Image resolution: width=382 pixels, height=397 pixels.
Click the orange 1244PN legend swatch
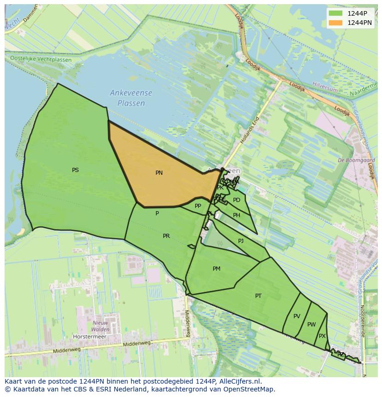tap(335, 23)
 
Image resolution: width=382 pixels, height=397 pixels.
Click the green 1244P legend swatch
tap(335, 13)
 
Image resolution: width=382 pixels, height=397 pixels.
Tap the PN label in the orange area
tap(159, 173)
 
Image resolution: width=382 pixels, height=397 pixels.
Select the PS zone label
tap(75, 170)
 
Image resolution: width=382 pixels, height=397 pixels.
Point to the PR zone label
tap(166, 236)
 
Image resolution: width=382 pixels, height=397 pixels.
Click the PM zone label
tap(216, 269)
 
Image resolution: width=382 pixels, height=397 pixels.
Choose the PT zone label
tap(258, 296)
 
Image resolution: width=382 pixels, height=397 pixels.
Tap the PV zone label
tap(297, 316)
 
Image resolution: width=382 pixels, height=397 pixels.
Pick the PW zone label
tap(311, 325)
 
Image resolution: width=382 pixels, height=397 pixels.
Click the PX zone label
tap(322, 336)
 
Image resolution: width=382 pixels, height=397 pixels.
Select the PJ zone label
tap(241, 241)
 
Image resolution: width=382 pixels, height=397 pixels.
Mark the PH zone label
tap(237, 215)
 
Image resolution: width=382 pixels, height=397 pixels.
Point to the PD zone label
tap(237, 200)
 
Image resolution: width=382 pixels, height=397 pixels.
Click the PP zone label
tap(198, 206)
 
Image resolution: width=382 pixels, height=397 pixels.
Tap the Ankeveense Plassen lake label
tap(131, 98)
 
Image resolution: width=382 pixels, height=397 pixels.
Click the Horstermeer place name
tap(90, 337)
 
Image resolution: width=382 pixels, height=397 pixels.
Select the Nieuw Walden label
tap(101, 326)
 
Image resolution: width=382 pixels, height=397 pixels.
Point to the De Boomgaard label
tap(356, 160)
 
